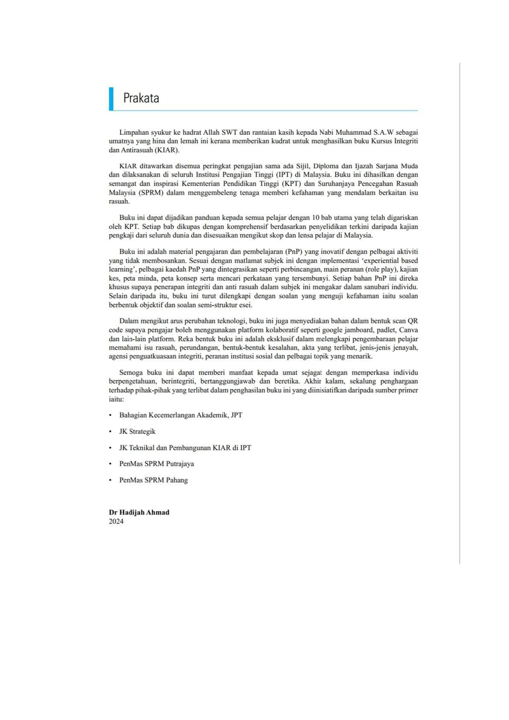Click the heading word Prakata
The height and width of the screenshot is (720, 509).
coord(141,98)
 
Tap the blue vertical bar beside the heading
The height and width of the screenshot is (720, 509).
coord(111,99)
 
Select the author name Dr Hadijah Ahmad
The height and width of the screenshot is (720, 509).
coord(139,512)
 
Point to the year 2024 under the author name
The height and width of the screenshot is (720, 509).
coord(116,521)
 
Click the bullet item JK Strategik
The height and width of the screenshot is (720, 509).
coord(137,431)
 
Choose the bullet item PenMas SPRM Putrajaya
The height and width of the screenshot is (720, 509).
coord(157,464)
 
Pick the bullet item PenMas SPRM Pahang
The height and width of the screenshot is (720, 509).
coord(154,480)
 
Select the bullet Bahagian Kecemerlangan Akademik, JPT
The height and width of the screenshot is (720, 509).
coord(180,415)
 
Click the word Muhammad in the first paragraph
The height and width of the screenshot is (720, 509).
coord(353,132)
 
